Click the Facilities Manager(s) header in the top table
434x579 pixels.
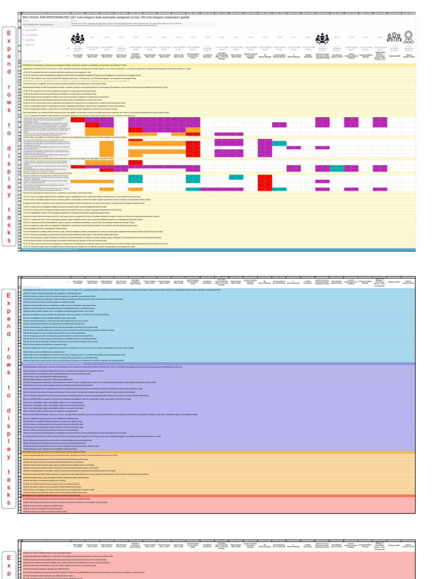coord(308,55)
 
